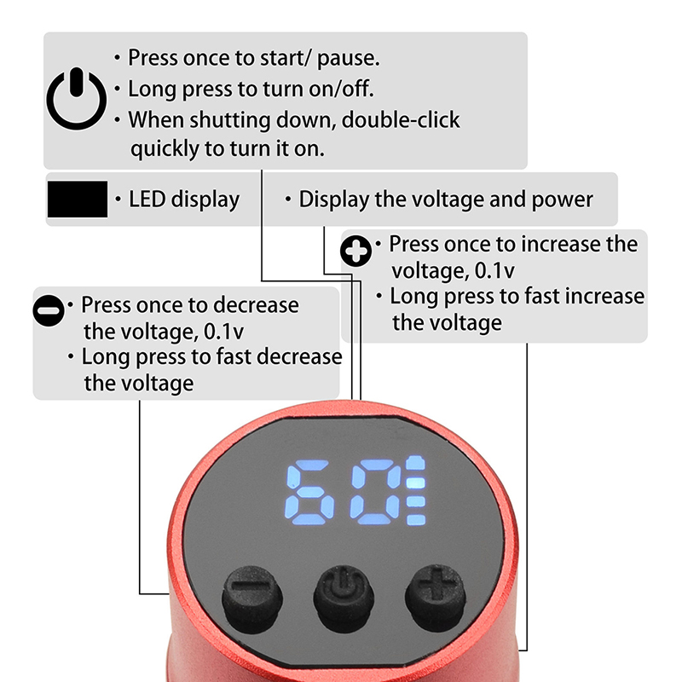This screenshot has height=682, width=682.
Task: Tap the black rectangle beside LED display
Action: click(x=78, y=199)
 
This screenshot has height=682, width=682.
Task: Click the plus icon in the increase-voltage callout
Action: click(x=355, y=251)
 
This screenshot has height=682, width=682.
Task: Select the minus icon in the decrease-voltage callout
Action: click(x=49, y=310)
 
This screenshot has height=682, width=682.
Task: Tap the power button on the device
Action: click(x=344, y=598)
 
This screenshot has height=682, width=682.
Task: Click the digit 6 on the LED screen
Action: click(x=309, y=492)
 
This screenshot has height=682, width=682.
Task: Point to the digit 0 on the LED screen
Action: click(x=377, y=492)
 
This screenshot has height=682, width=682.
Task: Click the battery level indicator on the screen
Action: click(x=416, y=491)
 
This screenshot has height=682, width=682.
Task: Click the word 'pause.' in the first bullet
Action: click(x=349, y=59)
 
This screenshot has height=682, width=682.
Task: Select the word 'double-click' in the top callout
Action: click(x=401, y=119)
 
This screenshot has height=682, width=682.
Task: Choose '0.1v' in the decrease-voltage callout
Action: click(x=223, y=332)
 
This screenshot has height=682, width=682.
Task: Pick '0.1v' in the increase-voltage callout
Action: click(x=494, y=271)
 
